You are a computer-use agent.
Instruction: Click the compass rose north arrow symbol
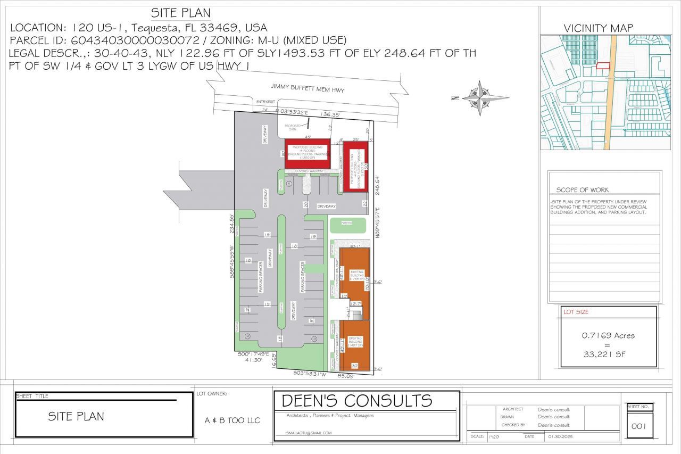480,98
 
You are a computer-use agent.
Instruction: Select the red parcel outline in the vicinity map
602,65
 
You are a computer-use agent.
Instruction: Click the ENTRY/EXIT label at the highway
264,102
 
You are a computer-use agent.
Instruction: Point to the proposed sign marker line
308,125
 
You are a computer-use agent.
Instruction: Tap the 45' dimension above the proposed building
308,137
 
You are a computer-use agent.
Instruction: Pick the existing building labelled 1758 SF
356,276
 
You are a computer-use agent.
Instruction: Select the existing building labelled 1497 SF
355,342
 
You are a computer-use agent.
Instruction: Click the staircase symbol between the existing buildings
356,314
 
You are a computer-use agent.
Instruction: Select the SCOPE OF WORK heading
583,190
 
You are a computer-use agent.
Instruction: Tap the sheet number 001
638,426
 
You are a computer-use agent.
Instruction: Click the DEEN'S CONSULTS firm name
356,400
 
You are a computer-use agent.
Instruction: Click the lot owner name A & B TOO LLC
232,420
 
